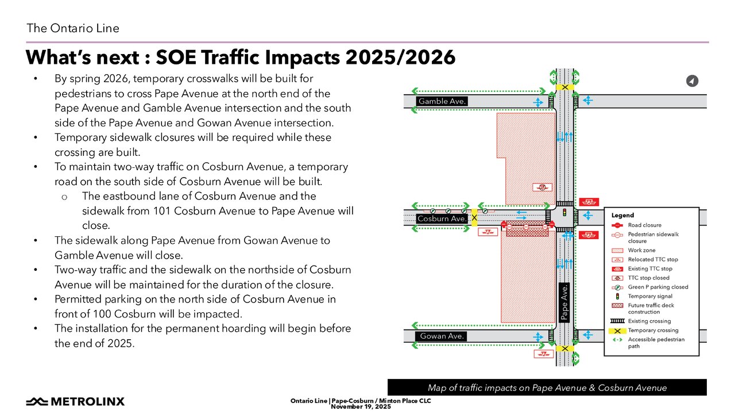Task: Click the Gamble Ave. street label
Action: tap(442, 101)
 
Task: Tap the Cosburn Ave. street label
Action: tap(442, 218)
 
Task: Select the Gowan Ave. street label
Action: tap(442, 336)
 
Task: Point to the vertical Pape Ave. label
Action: tap(564, 302)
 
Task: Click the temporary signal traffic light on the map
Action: tap(564, 212)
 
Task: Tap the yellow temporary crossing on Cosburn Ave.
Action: tap(474, 217)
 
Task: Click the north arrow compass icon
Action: tap(692, 81)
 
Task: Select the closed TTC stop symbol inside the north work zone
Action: tap(542, 187)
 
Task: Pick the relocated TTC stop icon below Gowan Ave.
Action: tap(544, 354)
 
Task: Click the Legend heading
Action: tap(622, 215)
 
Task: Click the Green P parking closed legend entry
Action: tap(649, 287)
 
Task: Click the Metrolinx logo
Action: tap(75, 401)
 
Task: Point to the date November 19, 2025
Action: tap(361, 407)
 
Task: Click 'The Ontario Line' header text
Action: tap(73, 28)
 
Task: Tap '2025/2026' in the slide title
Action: tap(400, 57)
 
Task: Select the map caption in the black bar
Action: tap(547, 388)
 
